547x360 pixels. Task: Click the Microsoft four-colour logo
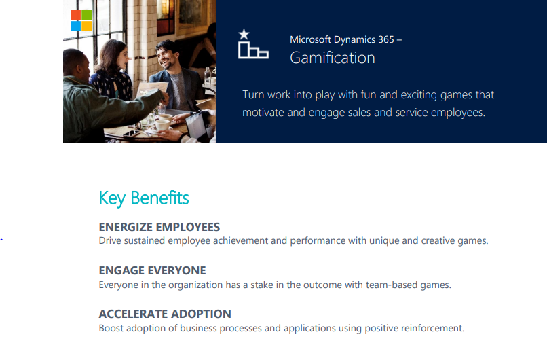click(81, 20)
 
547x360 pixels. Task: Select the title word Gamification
click(332, 58)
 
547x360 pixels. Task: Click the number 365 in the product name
click(385, 39)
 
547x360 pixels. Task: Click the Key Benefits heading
click(144, 198)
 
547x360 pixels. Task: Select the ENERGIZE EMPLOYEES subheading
click(159, 227)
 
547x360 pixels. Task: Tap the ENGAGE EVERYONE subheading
click(152, 270)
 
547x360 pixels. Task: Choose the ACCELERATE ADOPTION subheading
click(165, 314)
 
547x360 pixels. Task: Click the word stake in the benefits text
click(256, 285)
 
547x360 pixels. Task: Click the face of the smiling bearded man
click(166, 54)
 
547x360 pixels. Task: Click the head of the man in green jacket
click(76, 62)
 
